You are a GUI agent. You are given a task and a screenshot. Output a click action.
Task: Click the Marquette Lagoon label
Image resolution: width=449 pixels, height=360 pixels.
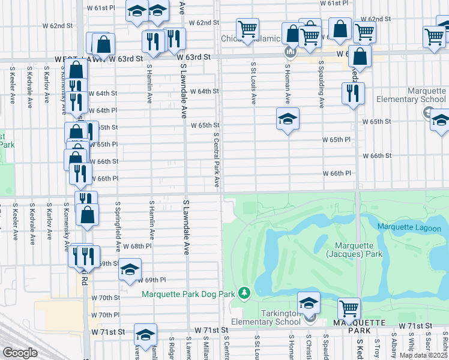tap(409, 228)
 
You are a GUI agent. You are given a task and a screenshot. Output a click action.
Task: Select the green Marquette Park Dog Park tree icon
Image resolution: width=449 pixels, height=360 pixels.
tap(244, 293)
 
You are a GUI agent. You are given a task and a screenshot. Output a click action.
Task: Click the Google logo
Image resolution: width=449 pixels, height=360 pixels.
tap(20, 353)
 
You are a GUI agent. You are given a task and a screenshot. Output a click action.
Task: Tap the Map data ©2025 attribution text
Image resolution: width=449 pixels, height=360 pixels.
tap(423, 355)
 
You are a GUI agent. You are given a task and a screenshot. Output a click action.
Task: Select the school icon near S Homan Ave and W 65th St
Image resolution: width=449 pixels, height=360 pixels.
tap(288, 119)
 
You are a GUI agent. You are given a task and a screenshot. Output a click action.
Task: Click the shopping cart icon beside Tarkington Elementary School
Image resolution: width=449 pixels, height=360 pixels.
tap(349, 308)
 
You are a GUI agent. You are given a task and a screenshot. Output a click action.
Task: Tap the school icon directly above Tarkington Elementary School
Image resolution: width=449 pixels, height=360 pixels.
tap(309, 302)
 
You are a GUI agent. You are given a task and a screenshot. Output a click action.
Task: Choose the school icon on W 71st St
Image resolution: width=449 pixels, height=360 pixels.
tap(145, 334)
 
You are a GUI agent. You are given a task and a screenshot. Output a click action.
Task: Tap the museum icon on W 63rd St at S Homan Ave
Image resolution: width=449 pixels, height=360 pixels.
tap(290, 53)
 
